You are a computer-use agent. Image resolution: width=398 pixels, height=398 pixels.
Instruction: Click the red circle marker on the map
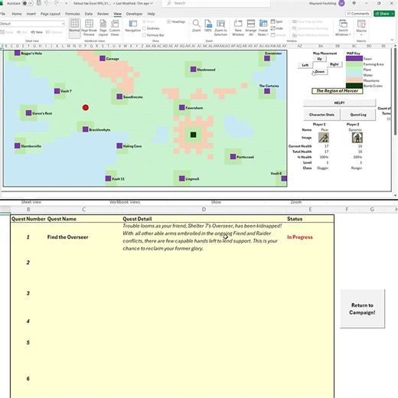pyautogui.click(x=86, y=108)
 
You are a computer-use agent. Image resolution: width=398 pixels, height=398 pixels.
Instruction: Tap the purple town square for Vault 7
pyautogui.click(x=57, y=91)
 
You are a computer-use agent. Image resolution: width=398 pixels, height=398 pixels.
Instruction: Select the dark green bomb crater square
pyautogui.click(x=194, y=135)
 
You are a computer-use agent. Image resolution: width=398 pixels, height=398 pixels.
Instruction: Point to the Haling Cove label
pyautogui.click(x=132, y=145)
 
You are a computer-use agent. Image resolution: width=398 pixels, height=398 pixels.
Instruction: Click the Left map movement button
pyautogui.click(x=305, y=65)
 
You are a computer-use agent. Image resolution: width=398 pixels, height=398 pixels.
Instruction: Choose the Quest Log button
pyautogui.click(x=358, y=114)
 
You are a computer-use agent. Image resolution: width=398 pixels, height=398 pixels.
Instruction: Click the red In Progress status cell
pyautogui.click(x=300, y=237)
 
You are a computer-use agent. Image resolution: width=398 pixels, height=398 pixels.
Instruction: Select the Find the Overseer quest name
pyautogui.click(x=67, y=237)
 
